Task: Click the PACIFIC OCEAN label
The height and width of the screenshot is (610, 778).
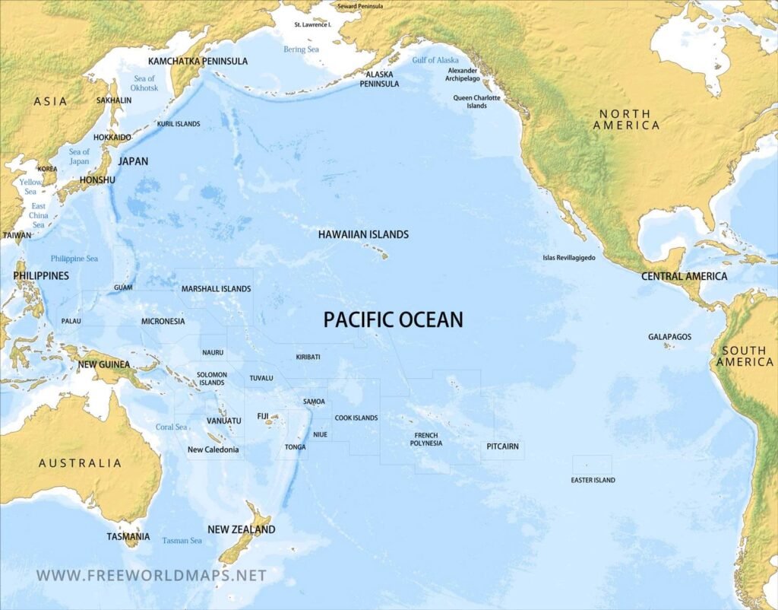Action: pyautogui.click(x=393, y=320)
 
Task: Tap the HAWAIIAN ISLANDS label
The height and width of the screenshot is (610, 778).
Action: pyautogui.click(x=363, y=234)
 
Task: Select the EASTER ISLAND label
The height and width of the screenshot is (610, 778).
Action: pyautogui.click(x=593, y=480)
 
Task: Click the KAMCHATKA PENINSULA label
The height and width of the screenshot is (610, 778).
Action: pyautogui.click(x=198, y=61)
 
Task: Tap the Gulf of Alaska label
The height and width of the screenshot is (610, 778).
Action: pyautogui.click(x=435, y=60)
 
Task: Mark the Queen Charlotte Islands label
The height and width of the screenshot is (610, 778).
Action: pyautogui.click(x=476, y=102)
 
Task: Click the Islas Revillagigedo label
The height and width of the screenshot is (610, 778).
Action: pyautogui.click(x=569, y=258)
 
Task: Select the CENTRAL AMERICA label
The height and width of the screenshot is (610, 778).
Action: pyautogui.click(x=684, y=276)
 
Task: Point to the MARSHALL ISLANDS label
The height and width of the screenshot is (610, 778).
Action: pyautogui.click(x=216, y=289)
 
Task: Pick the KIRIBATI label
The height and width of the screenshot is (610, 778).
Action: pyautogui.click(x=308, y=357)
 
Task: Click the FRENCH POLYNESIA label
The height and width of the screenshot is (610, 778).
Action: pyautogui.click(x=426, y=440)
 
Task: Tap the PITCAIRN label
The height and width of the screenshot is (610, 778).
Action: pyautogui.click(x=502, y=446)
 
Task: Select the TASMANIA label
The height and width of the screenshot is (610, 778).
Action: pyautogui.click(x=128, y=536)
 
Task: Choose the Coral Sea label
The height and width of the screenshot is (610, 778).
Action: pyautogui.click(x=171, y=427)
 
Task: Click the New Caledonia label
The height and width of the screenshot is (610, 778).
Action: pyautogui.click(x=213, y=450)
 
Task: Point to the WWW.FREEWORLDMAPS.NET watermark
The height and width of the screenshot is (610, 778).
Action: pyautogui.click(x=151, y=575)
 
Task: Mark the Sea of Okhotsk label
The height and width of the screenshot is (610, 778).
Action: pyautogui.click(x=144, y=83)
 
